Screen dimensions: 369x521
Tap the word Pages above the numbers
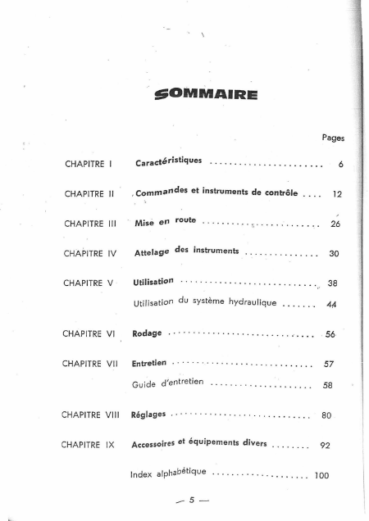point(333,139)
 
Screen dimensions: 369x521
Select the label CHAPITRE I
point(88,164)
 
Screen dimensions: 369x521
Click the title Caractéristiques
point(169,162)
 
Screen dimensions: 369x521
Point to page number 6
point(339,165)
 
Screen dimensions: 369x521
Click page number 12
point(336,195)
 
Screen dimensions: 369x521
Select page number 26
point(335,223)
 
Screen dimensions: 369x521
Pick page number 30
point(334,254)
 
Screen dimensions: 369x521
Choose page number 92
point(324,446)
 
